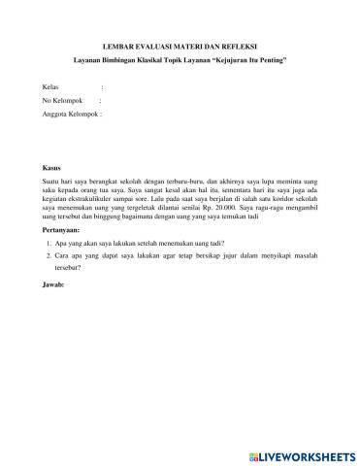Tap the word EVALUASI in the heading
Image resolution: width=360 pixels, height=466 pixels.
[x=152, y=45]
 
